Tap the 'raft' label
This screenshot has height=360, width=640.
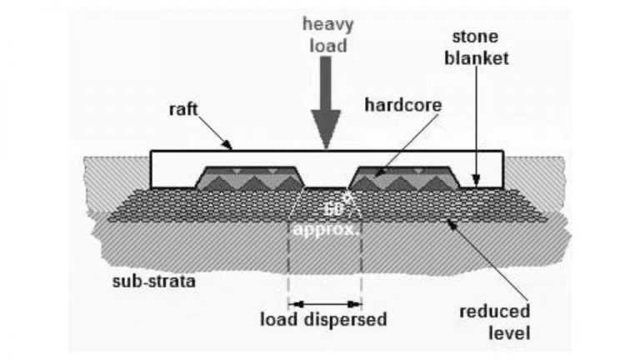(184, 109)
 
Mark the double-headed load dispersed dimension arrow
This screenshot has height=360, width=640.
(324, 303)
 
